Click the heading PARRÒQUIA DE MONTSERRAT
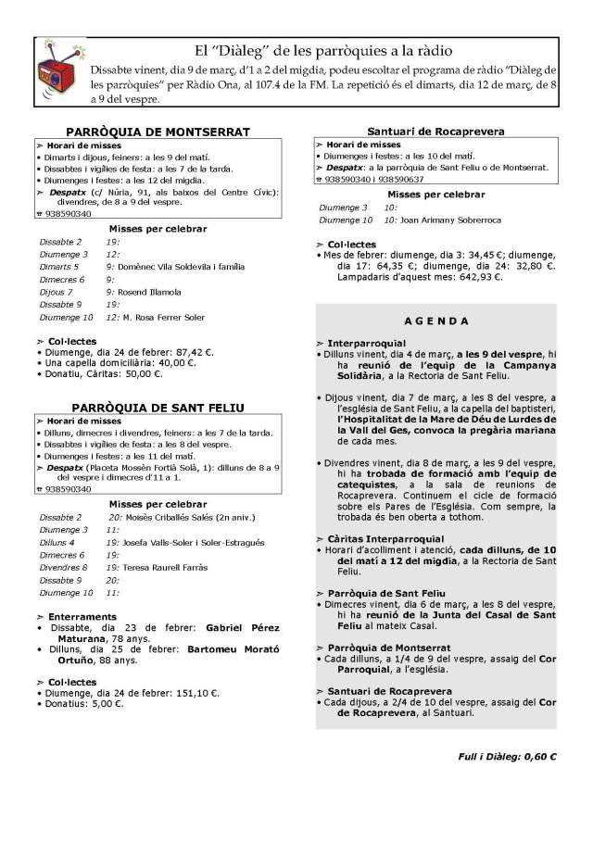(158, 132)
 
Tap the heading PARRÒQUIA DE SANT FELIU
(158, 407)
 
